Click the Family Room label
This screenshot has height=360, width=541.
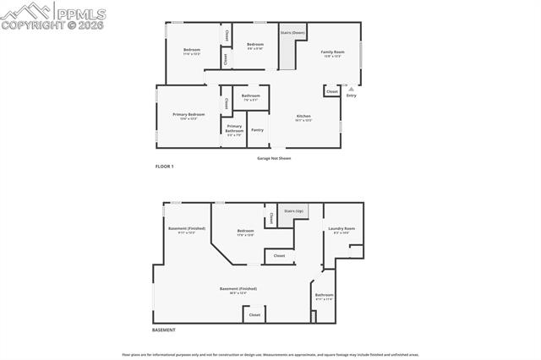tap(331, 52)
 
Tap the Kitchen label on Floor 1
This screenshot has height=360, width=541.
tap(303, 116)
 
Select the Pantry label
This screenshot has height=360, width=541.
tap(257, 129)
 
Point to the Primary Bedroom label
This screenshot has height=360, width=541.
tap(189, 114)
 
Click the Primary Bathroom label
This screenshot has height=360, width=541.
tap(234, 128)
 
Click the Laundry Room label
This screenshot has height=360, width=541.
tap(342, 228)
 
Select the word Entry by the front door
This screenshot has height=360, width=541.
tap(352, 95)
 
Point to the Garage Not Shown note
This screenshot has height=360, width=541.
tap(274, 158)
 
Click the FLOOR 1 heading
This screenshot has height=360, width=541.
tap(164, 166)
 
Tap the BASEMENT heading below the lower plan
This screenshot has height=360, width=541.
tap(164, 330)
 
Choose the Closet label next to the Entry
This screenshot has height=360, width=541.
tap(331, 91)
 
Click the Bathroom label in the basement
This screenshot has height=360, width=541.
tap(325, 295)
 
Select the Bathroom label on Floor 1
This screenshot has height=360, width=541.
tap(250, 95)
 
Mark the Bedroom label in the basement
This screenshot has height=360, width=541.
tap(245, 231)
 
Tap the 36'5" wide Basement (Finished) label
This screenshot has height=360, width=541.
tap(238, 289)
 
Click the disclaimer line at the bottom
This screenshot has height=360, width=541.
tap(270, 354)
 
